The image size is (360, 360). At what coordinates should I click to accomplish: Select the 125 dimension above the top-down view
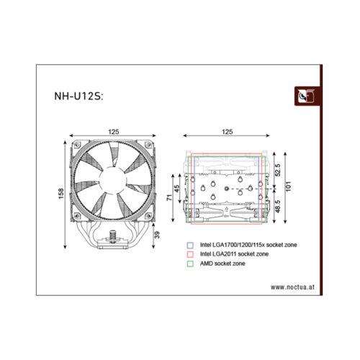tap(228, 132)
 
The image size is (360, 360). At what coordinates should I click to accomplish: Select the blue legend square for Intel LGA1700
tap(189, 245)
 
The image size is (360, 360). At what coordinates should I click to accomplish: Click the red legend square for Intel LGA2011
tap(189, 254)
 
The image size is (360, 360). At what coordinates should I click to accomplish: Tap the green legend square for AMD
tap(189, 264)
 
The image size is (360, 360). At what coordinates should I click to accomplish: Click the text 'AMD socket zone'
tap(222, 264)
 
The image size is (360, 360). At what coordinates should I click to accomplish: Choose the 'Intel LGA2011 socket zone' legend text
tap(235, 254)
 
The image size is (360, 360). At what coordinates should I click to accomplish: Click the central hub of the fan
tap(112, 180)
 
